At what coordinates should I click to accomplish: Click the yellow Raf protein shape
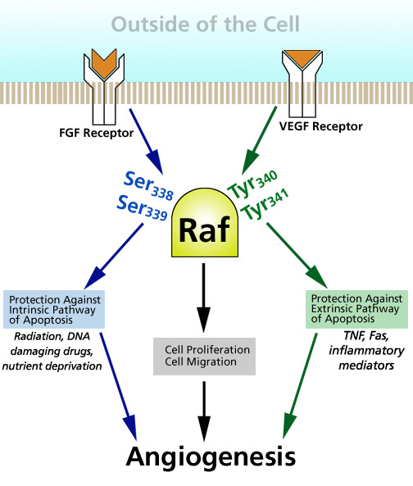tap(205, 223)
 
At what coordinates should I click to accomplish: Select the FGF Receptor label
tap(97, 134)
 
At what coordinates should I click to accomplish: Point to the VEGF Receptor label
tap(321, 126)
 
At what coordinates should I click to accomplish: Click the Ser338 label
tap(148, 186)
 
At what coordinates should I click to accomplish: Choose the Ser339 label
tap(142, 208)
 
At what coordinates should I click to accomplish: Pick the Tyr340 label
tap(252, 184)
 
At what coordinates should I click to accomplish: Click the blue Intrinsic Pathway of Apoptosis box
tap(54, 309)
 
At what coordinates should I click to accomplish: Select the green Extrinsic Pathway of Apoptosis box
tap(356, 309)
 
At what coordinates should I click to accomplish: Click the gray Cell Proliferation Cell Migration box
tap(205, 357)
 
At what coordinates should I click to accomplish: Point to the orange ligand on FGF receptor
tap(104, 63)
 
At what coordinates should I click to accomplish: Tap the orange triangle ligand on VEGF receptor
tap(302, 58)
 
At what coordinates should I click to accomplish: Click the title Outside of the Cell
tap(206, 24)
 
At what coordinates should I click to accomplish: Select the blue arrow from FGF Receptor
tap(146, 141)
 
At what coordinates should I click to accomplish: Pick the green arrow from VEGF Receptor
tap(259, 140)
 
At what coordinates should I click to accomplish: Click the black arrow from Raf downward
tap(203, 298)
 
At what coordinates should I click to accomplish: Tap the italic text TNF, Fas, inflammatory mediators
tap(366, 351)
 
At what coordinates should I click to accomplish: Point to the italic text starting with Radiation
tap(52, 351)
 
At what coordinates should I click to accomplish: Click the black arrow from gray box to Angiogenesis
tap(204, 411)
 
